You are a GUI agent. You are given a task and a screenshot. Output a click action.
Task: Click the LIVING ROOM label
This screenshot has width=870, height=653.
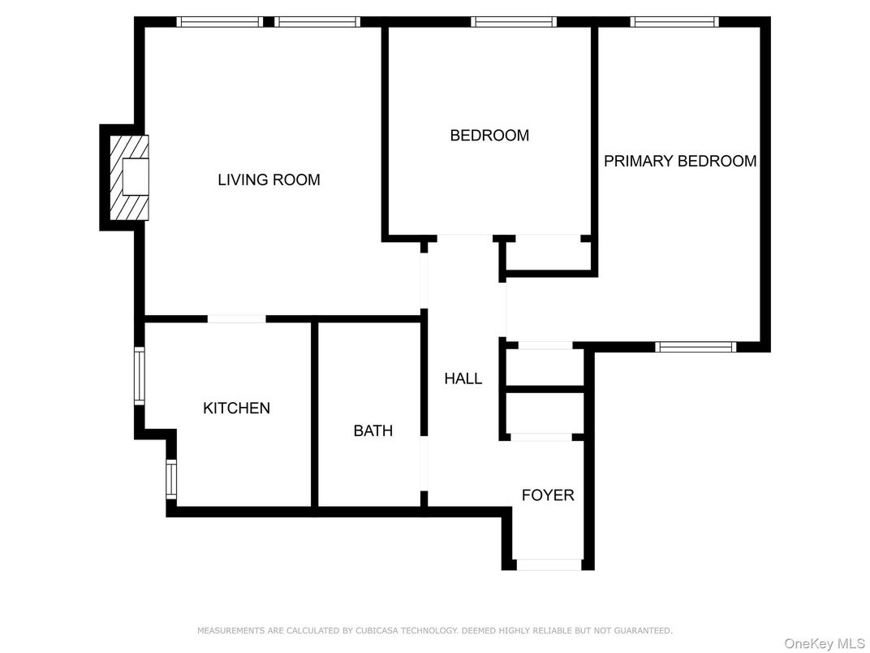(269, 179)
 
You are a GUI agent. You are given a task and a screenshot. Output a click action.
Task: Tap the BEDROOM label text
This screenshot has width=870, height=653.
(489, 136)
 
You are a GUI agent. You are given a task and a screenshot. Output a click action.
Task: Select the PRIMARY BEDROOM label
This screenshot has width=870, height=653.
(679, 161)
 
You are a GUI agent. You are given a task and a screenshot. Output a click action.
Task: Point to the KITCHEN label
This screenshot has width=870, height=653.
(236, 408)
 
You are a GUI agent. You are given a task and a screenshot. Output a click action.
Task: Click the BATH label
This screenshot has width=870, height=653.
(373, 430)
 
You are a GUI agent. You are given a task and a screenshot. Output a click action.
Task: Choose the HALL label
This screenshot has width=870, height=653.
(463, 378)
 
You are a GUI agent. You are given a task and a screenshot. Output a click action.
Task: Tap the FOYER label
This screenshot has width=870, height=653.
(547, 495)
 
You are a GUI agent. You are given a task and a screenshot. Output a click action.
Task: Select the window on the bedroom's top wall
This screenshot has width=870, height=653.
(513, 22)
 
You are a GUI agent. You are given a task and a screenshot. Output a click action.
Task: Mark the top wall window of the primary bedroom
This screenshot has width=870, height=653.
(674, 22)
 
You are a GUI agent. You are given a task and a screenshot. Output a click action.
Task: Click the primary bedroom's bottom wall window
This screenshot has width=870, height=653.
(696, 347)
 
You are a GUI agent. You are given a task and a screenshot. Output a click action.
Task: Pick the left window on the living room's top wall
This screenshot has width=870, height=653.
(219, 22)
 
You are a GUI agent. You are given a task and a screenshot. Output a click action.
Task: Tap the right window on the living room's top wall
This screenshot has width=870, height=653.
(317, 22)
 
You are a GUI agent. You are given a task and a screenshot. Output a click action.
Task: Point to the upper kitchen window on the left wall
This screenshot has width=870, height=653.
(139, 375)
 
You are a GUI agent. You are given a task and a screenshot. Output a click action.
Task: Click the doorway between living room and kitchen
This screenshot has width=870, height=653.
(236, 318)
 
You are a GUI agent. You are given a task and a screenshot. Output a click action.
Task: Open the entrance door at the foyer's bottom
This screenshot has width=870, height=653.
(549, 564)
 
